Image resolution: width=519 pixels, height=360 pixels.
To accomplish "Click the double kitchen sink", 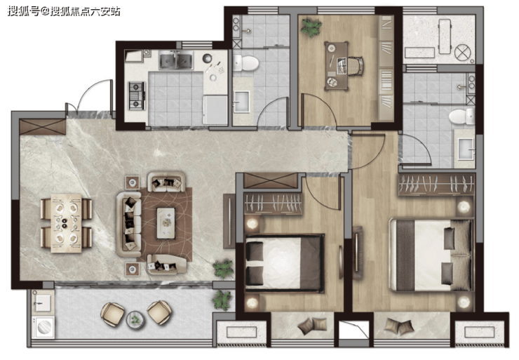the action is [176, 60].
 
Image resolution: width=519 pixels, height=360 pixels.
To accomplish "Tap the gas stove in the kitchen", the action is [136, 96].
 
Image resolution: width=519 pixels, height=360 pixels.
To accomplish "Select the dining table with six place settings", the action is [66, 223].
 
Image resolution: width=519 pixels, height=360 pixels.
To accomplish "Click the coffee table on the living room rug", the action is [166, 223].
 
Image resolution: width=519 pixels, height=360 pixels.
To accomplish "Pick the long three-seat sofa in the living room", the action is [129, 225].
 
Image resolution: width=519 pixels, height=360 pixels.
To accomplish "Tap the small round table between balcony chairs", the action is [135, 319].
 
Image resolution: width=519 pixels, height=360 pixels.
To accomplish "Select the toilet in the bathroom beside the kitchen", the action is [245, 63].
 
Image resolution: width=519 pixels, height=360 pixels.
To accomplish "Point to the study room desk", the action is [337, 66].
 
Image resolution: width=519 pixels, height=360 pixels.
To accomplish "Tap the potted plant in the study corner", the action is [311, 27].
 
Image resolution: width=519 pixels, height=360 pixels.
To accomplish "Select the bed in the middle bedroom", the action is [284, 263].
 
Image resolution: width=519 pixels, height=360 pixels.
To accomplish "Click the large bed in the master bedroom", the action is [431, 254].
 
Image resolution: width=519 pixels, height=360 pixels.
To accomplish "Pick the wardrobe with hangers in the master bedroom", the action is [436, 184].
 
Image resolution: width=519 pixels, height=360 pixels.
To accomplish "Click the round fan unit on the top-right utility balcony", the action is [462, 53].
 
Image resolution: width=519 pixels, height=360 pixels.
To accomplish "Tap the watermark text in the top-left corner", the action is [64, 12].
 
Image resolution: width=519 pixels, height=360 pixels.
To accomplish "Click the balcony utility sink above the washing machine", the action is [43, 302].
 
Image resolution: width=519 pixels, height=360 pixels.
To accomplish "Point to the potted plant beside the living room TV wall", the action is [224, 268].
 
